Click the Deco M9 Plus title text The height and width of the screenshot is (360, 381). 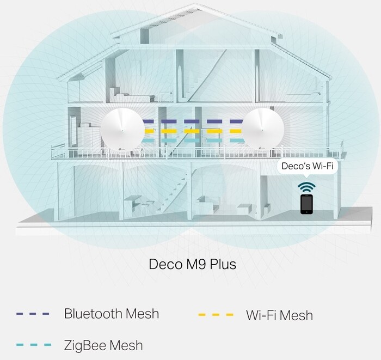click(x=192, y=265)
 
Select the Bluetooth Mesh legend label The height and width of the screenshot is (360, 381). click(x=112, y=314)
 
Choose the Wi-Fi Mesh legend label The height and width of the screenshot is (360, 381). click(x=279, y=315)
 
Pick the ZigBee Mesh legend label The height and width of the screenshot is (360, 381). click(x=103, y=345)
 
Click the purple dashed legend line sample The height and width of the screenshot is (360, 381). click(x=33, y=314)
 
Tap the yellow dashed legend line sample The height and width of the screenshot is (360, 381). click(x=217, y=315)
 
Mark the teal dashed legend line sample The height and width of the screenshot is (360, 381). click(x=33, y=345)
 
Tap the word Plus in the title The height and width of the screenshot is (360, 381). click(x=223, y=265)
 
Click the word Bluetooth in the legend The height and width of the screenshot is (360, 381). click(x=93, y=314)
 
